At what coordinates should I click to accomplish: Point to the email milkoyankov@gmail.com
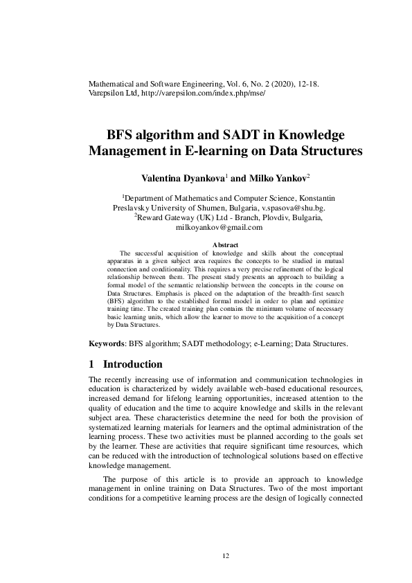pyautogui.click(x=220, y=226)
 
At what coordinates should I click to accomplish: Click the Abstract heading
pyautogui.click(x=225, y=245)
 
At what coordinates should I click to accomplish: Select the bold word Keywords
pyautogui.click(x=107, y=343)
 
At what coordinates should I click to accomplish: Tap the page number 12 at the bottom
pyautogui.click(x=225, y=555)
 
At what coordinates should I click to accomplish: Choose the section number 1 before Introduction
pyautogui.click(x=93, y=364)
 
